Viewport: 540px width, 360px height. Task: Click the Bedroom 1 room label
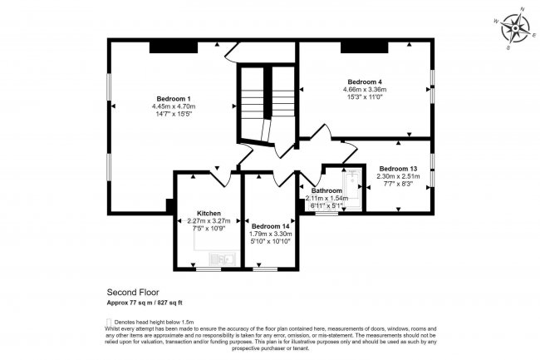(x=174, y=98)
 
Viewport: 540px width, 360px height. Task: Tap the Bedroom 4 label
(x=366, y=81)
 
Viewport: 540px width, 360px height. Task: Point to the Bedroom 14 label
(x=271, y=226)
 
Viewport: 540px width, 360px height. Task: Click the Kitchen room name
(x=208, y=213)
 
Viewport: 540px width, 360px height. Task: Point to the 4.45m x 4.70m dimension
(x=174, y=106)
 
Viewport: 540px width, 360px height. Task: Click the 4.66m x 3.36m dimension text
(x=366, y=90)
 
